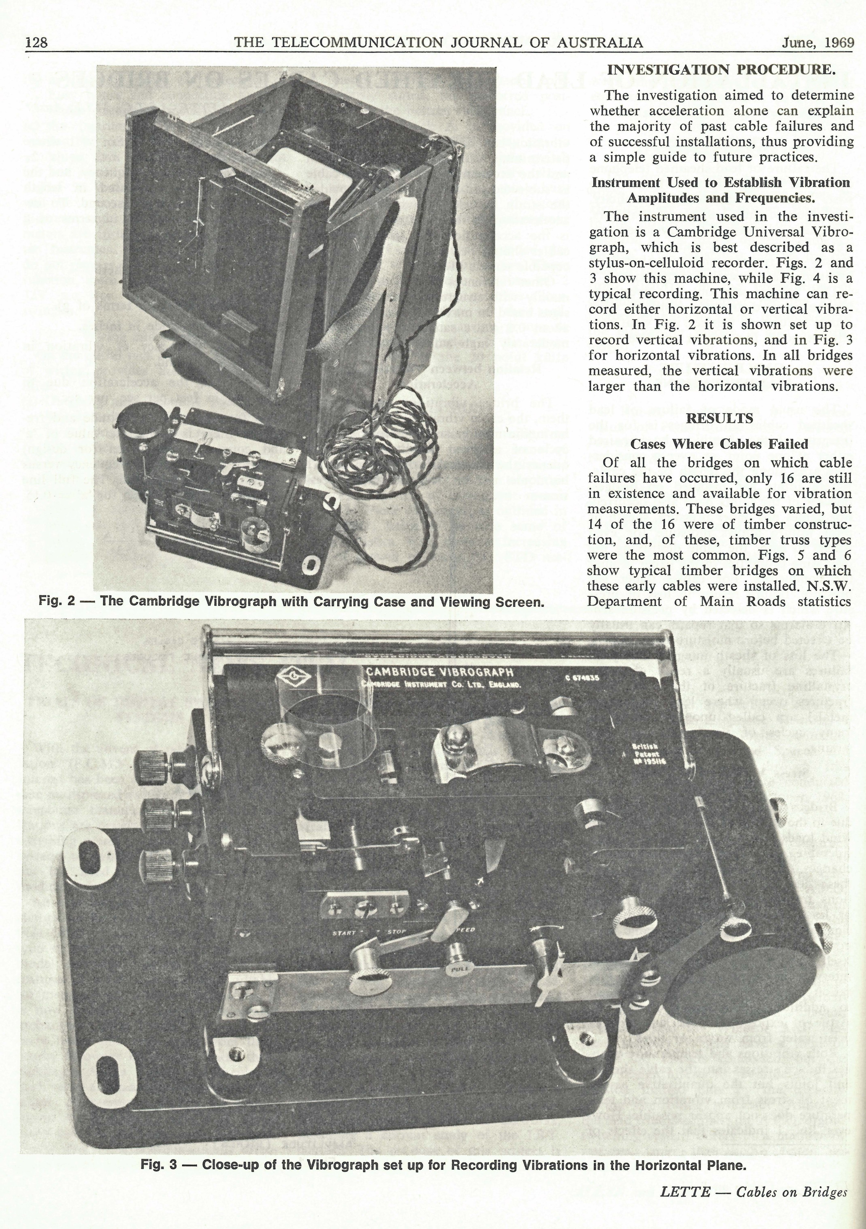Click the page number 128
coord(36,42)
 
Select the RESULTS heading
coord(719,418)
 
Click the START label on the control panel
coord(344,933)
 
